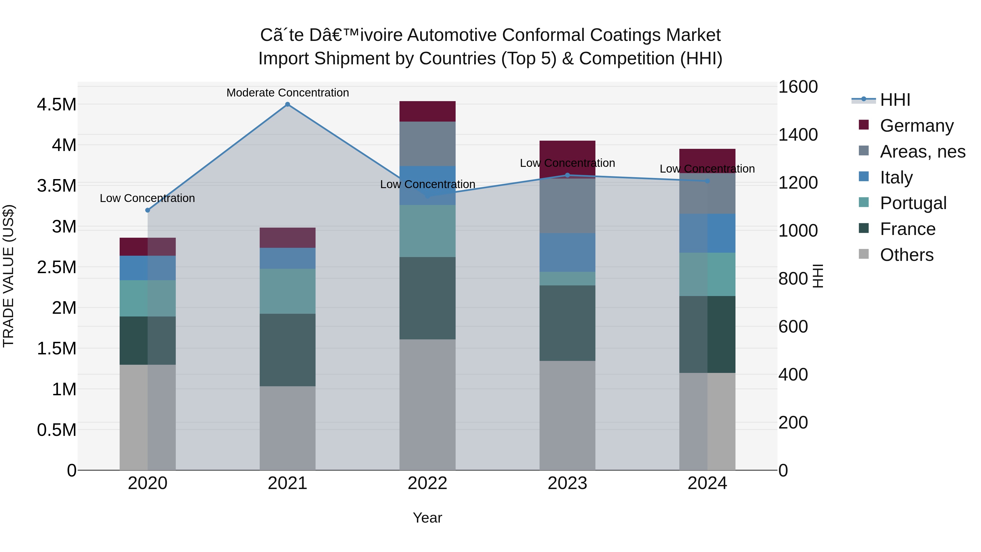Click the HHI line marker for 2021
[x=287, y=104]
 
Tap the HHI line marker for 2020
[x=148, y=210]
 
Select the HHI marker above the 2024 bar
[x=707, y=181]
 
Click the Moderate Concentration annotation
[x=287, y=93]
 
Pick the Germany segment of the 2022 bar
[x=427, y=111]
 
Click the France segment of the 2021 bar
[x=287, y=350]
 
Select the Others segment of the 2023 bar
[x=567, y=415]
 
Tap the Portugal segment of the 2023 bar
[x=567, y=279]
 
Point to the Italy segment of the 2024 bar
[x=707, y=233]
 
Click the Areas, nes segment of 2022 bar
[x=427, y=144]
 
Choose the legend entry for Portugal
[x=913, y=203]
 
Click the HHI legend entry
[x=895, y=100]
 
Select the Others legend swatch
[x=864, y=254]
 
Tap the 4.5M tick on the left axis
[x=56, y=105]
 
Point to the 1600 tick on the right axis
[x=797, y=87]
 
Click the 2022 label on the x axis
[x=427, y=483]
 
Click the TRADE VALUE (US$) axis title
[x=9, y=276]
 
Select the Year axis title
[x=427, y=518]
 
